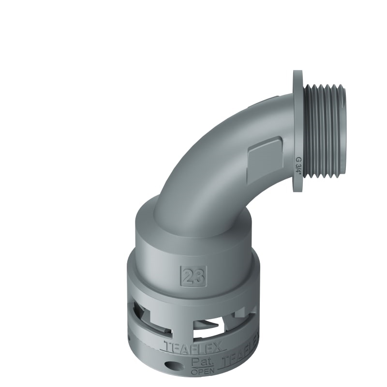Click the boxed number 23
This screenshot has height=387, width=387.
pos(193,276)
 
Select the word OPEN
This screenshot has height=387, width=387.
pos(202,372)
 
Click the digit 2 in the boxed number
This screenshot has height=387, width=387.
pos(188,276)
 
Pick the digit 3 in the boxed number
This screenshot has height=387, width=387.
pos(198,276)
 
